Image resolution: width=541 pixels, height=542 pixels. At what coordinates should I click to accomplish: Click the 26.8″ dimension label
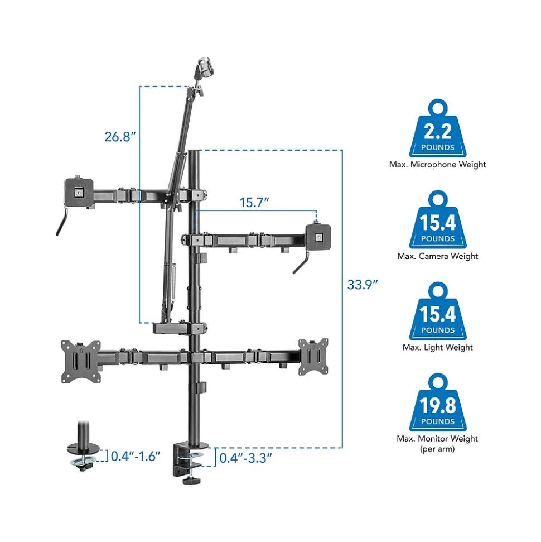(x=120, y=137)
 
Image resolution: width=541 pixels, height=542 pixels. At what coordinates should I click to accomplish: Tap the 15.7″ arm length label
(x=254, y=203)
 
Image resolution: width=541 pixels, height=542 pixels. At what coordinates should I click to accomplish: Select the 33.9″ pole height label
(x=362, y=285)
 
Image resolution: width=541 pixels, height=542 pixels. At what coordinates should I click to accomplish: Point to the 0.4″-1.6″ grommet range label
(x=136, y=456)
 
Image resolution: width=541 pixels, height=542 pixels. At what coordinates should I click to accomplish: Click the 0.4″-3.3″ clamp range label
(x=245, y=458)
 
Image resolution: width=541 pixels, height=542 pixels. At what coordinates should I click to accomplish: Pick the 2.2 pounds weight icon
(x=438, y=128)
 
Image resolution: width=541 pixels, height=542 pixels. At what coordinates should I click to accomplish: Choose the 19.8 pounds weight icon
(x=438, y=402)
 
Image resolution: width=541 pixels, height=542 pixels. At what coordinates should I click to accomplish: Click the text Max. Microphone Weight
(x=437, y=165)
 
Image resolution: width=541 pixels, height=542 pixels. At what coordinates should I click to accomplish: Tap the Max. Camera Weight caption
(x=438, y=256)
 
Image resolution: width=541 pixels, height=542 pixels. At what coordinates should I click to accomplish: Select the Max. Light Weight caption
(x=438, y=347)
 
